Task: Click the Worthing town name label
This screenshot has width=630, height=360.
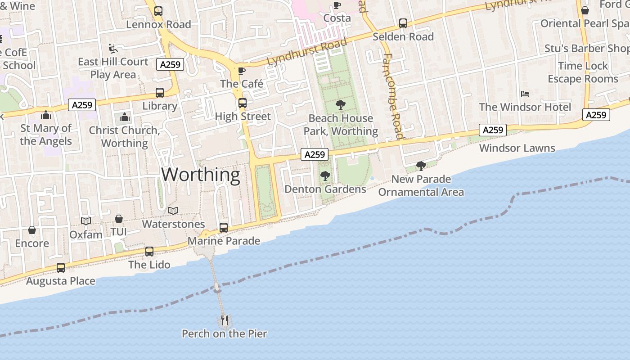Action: coord(201,175)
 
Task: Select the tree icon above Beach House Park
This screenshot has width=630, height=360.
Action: coord(341,105)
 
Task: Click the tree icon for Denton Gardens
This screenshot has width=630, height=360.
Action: coord(325,176)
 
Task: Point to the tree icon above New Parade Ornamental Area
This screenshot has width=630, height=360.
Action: coord(421,166)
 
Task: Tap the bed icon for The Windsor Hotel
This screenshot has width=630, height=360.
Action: coord(525,94)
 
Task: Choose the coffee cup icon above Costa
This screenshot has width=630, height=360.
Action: coord(337,5)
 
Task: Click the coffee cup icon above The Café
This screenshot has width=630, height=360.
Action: coord(242,71)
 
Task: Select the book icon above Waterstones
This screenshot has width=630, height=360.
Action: coord(173,211)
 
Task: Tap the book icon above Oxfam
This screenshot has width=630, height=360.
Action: coord(86,221)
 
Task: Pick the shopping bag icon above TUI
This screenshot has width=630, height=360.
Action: coord(118,219)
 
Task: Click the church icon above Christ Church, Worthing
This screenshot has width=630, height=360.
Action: coord(125,118)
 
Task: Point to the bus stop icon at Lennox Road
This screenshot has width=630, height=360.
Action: coord(158,11)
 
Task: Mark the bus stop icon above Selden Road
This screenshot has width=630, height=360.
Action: coord(403,23)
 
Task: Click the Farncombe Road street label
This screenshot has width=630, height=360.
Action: coord(392,96)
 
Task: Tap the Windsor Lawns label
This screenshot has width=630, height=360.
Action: coord(517,148)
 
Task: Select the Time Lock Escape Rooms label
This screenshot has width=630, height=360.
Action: coord(583,72)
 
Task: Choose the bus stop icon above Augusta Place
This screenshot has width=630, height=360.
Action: coord(61,268)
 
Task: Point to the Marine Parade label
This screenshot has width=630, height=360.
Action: coord(224,241)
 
